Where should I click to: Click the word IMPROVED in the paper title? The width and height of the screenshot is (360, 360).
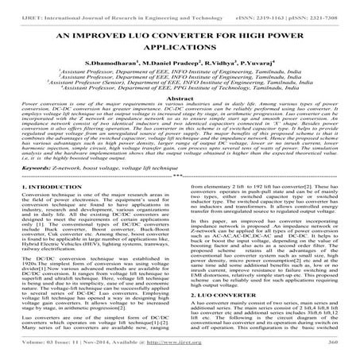click(102, 38)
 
